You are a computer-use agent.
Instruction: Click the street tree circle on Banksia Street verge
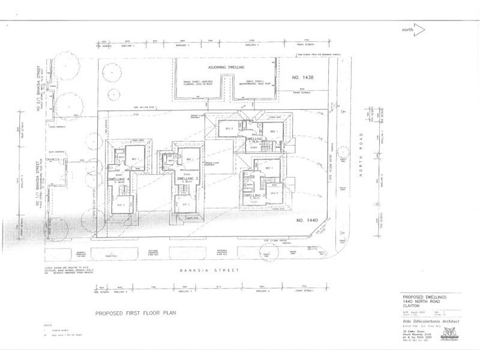pos(269,253)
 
